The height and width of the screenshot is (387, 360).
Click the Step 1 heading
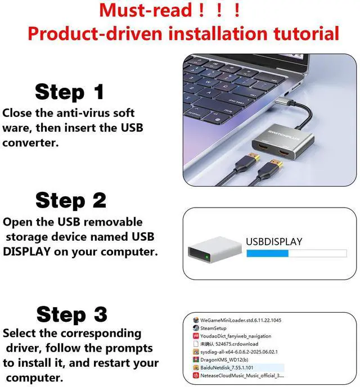coord(70,91)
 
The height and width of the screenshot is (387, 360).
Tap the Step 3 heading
coord(71,314)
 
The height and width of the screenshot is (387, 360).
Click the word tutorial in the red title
coord(304,33)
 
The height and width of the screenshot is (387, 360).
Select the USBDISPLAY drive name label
coord(274,242)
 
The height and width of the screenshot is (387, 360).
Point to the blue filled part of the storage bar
coord(267,254)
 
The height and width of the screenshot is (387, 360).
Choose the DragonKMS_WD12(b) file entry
coord(228,358)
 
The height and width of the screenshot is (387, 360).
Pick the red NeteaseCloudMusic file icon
coord(196,374)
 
